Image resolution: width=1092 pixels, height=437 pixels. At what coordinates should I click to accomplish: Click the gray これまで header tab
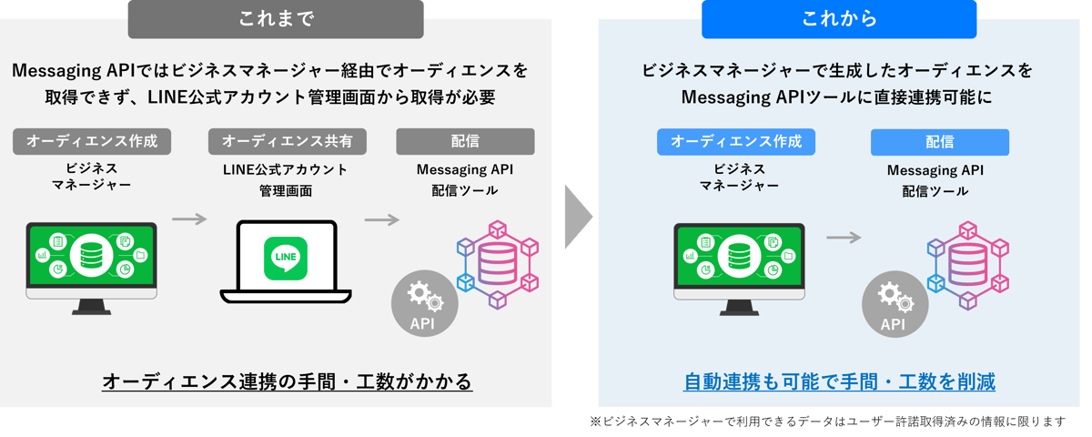(x=275, y=19)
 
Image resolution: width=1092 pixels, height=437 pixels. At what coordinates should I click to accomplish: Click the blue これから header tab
(x=838, y=19)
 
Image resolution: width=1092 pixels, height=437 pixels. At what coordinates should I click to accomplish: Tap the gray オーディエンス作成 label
(x=92, y=141)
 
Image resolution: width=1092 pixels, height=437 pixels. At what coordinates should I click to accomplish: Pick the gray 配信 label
(x=465, y=141)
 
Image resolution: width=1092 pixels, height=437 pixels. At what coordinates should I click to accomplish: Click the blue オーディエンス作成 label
(x=735, y=141)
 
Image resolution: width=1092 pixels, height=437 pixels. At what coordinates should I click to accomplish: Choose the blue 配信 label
(x=939, y=142)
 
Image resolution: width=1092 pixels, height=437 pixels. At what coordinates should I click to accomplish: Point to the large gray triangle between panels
(x=577, y=218)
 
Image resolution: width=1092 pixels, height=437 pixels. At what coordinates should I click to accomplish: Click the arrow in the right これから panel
(x=844, y=237)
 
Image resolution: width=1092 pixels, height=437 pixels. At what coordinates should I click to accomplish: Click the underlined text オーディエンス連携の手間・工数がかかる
(x=288, y=381)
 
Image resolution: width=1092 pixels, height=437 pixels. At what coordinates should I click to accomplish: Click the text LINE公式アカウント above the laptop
(x=285, y=170)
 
